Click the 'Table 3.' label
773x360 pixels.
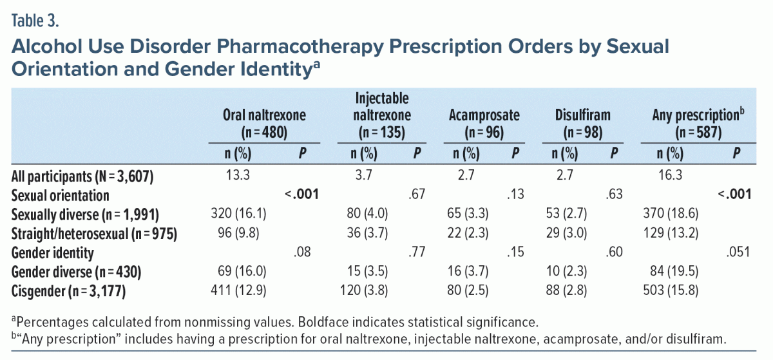[x=36, y=21]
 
